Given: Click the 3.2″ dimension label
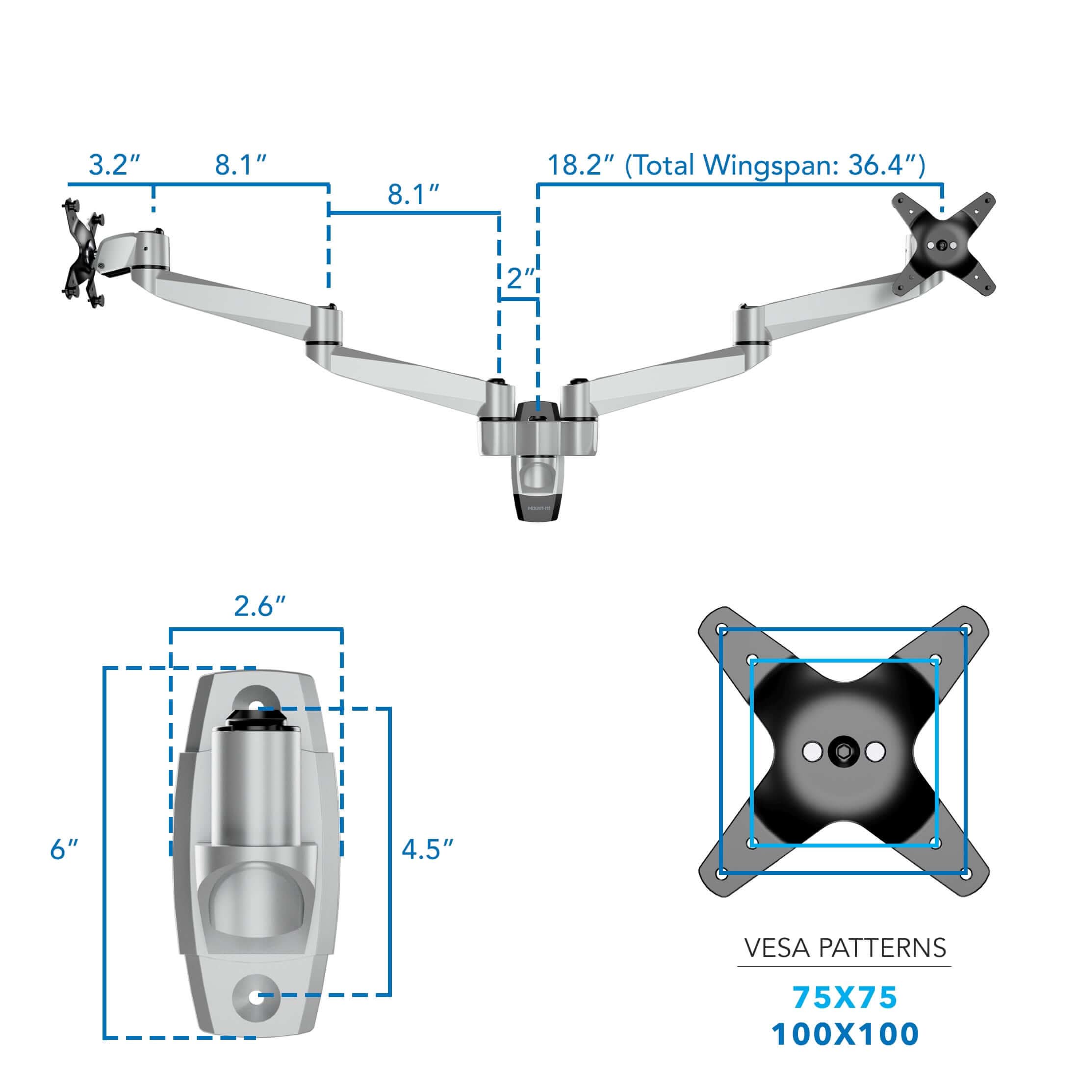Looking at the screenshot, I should click(x=114, y=165).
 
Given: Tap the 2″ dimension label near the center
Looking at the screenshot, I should click(x=520, y=278).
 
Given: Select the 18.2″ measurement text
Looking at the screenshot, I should click(x=581, y=165).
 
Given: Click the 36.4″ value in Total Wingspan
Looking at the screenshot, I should click(x=882, y=165).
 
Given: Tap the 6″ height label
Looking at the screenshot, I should click(x=63, y=850).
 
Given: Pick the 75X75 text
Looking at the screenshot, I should click(x=845, y=998).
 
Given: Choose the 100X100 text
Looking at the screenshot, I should click(x=845, y=1034).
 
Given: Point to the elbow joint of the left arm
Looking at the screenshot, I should click(x=325, y=327).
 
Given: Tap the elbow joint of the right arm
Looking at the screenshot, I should click(x=749, y=326).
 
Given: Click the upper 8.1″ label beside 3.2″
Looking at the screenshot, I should click(x=241, y=165).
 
